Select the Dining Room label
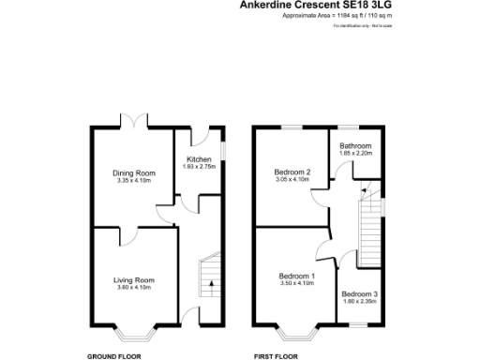click(134, 172)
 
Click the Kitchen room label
click(199, 159)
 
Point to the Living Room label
click(134, 280)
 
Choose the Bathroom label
click(356, 146)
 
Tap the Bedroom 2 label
click(292, 172)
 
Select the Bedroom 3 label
click(359, 293)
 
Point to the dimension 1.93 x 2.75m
click(199, 167)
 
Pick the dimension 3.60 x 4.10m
click(134, 288)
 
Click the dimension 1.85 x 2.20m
click(356, 154)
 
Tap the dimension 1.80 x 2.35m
click(359, 301)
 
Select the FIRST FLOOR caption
click(276, 356)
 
